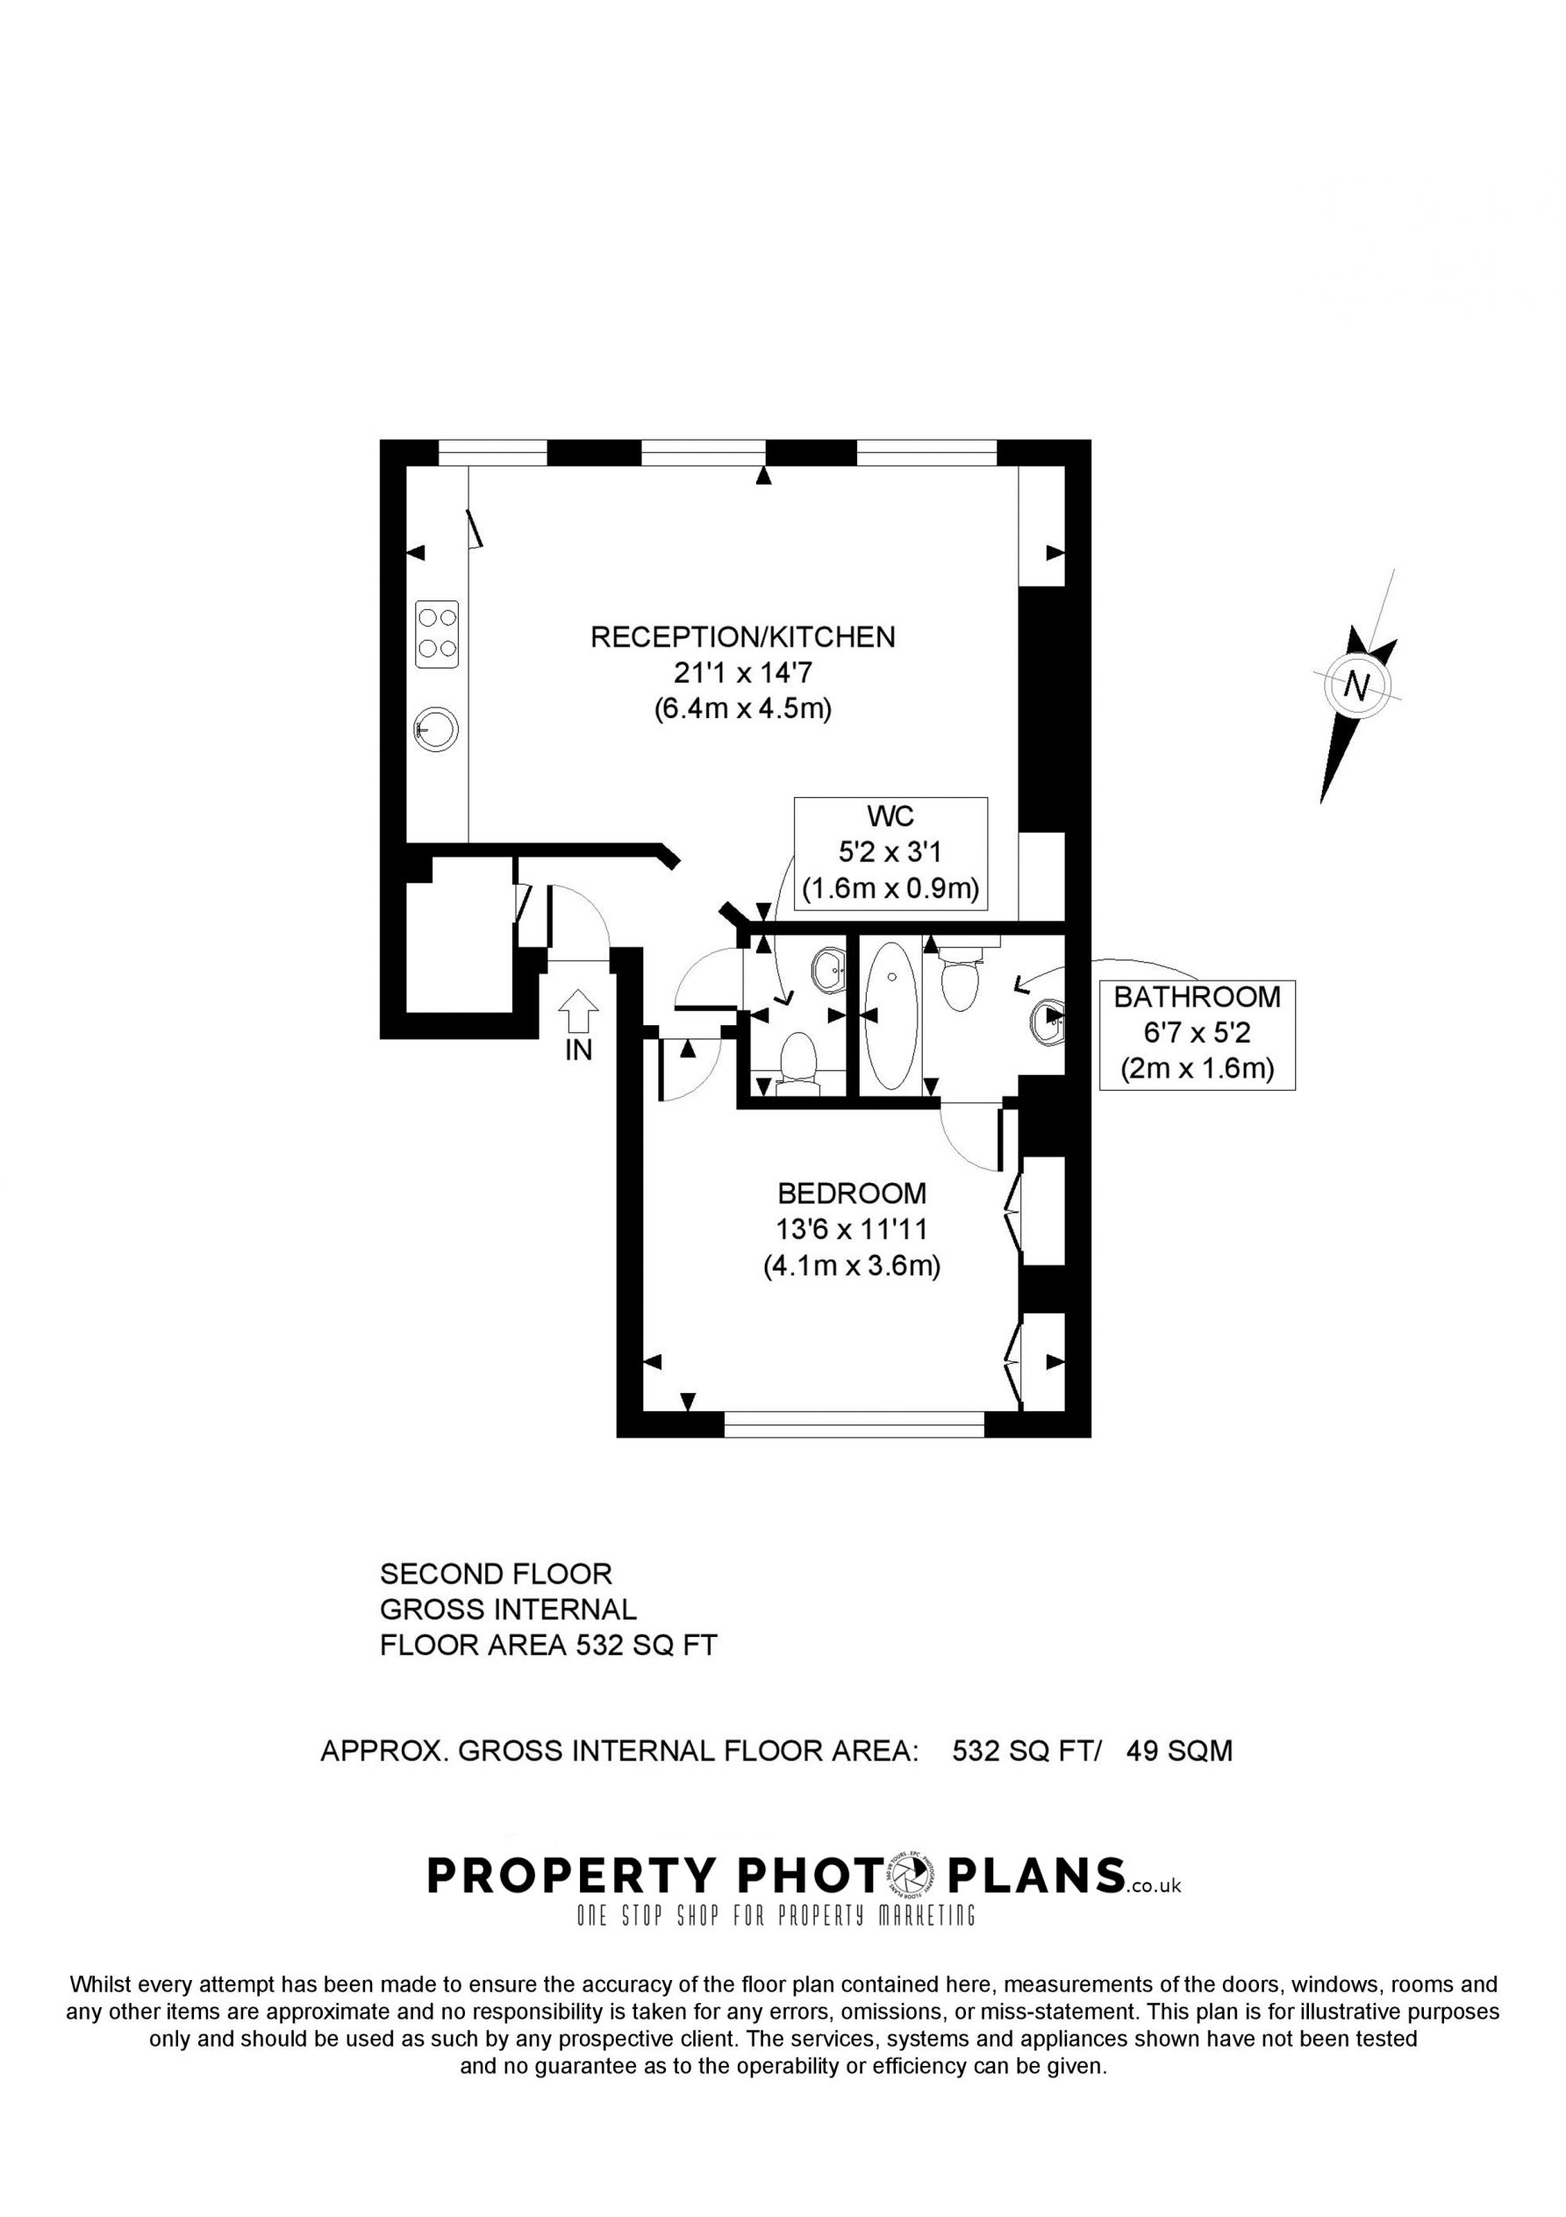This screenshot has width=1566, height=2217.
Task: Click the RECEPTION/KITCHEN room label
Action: pos(742,637)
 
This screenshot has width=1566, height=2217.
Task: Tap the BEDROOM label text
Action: pos(852,1194)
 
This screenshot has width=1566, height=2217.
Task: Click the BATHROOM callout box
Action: pos(1198,1035)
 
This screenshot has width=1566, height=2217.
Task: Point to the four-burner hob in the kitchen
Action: pos(436,634)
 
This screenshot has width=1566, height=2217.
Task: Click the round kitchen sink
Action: pos(436,730)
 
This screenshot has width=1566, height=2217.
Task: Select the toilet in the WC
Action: pos(798,1063)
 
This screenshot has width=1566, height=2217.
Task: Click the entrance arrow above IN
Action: pos(578,1012)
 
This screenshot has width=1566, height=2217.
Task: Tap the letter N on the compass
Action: pos(1356,686)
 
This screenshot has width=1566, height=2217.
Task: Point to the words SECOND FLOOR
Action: pos(497,1574)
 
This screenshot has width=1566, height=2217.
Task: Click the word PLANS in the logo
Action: pos(1038,1876)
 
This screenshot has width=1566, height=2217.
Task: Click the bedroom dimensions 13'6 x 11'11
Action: pos(852,1230)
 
